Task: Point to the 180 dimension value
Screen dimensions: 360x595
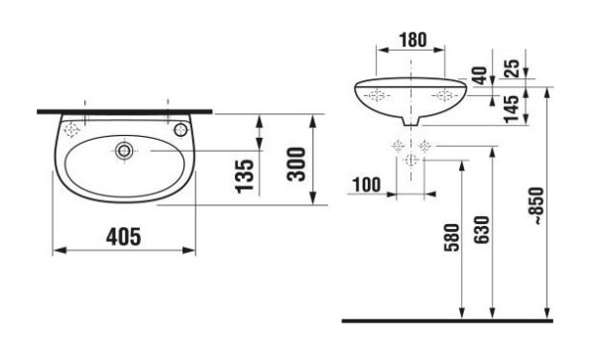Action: coord(410,40)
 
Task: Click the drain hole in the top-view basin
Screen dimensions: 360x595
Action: coord(123,151)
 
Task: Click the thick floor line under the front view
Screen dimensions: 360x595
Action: coord(446,321)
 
